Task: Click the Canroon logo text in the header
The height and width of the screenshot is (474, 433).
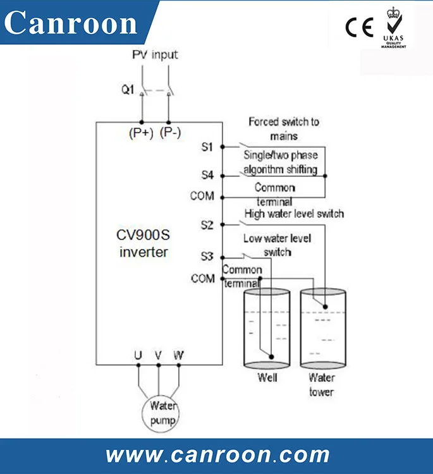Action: pyautogui.click(x=71, y=23)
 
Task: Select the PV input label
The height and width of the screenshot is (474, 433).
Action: pyautogui.click(x=155, y=54)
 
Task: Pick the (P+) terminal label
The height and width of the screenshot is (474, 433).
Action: pyautogui.click(x=141, y=133)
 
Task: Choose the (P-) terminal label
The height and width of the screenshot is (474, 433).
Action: pyautogui.click(x=170, y=133)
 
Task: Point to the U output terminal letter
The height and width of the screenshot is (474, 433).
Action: pyautogui.click(x=138, y=355)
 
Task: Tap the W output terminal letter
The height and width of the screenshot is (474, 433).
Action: pyautogui.click(x=179, y=355)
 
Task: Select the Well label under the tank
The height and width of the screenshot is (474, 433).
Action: pyautogui.click(x=267, y=378)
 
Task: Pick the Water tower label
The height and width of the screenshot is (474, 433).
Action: pyautogui.click(x=321, y=385)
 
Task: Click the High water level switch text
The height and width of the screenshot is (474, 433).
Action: pyautogui.click(x=294, y=214)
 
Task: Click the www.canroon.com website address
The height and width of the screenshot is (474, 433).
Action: pyautogui.click(x=217, y=454)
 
